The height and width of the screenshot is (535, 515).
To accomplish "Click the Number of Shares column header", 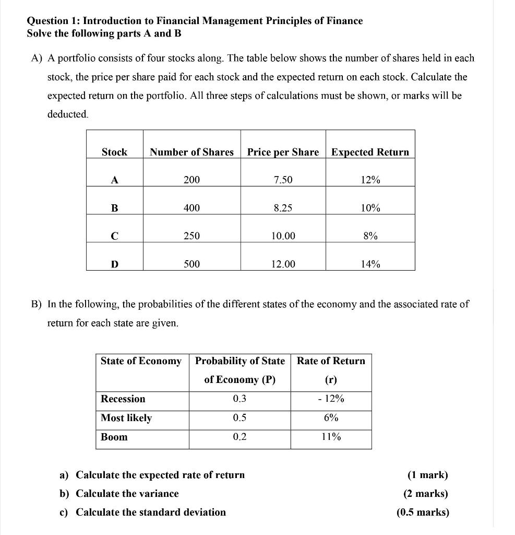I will [191, 152].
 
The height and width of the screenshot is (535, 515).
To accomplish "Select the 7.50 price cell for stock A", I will [283, 180].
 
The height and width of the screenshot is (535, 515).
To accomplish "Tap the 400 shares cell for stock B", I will [191, 208].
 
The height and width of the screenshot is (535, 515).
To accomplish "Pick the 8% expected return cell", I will [370, 236].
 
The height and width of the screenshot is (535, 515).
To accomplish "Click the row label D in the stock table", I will [114, 264].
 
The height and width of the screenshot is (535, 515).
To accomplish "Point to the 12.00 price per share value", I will [283, 264].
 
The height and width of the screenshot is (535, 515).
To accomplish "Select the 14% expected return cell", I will [370, 264].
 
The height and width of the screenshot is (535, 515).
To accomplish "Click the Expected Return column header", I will [370, 152].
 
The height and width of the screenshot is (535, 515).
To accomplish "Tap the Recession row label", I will [123, 399].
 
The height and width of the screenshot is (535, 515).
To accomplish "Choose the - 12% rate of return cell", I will [331, 399].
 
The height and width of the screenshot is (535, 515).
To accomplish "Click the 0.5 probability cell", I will [239, 418].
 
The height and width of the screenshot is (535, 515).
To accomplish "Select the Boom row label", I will [114, 437].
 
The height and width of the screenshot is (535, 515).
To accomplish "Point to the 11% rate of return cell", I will [331, 437].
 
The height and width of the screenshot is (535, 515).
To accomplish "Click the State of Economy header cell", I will [141, 361].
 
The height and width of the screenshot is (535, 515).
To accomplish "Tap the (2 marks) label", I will [426, 494].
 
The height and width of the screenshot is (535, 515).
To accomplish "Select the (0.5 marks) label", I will [423, 513].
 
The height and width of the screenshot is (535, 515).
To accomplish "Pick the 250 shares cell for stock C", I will [191, 236].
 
